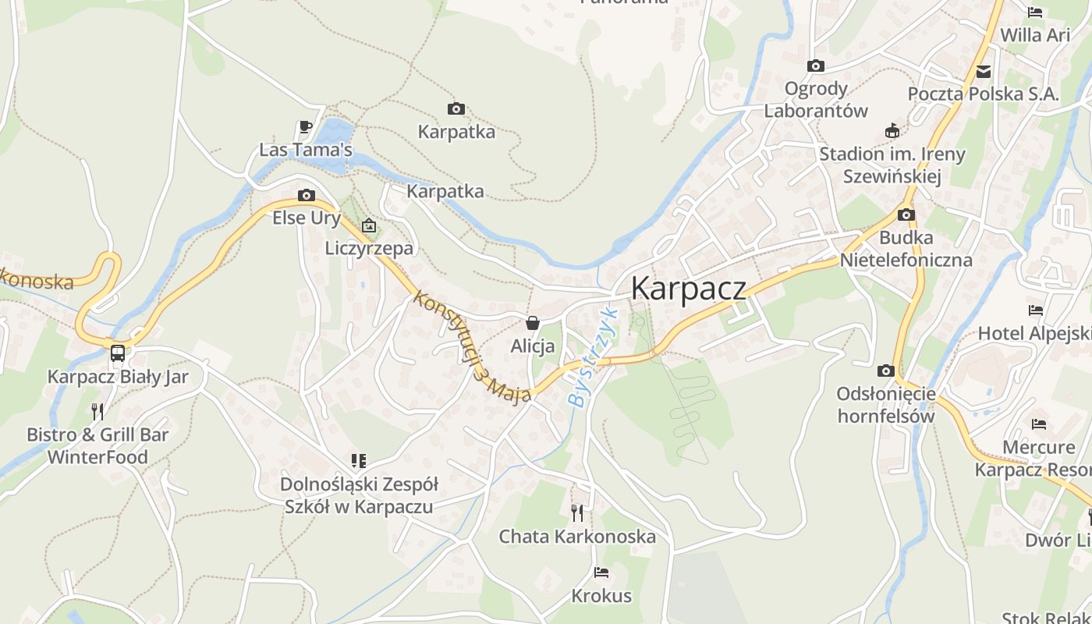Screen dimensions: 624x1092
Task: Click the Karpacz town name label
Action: [688, 288]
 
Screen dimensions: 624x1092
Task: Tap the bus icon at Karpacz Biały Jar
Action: [118, 353]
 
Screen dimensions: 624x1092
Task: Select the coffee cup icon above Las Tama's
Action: [306, 127]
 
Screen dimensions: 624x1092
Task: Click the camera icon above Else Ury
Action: [307, 195]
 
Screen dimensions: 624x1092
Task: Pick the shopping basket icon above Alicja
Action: [533, 323]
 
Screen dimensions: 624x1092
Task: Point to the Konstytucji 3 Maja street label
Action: [471, 346]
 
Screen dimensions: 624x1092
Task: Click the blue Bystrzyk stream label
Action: [593, 357]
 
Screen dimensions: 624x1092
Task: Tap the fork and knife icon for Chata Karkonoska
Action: [577, 512]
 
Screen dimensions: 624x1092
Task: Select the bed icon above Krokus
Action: [601, 573]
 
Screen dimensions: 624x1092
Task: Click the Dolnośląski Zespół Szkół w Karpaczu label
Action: [359, 495]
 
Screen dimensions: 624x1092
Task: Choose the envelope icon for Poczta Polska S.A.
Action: [984, 72]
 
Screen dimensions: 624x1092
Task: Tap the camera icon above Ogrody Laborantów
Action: [816, 66]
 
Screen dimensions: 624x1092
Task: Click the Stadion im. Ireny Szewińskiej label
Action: [892, 165]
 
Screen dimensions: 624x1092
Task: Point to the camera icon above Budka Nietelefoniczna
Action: [906, 214]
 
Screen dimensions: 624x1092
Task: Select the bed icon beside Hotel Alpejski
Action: [1036, 310]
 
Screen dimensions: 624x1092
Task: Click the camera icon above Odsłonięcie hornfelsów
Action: [885, 370]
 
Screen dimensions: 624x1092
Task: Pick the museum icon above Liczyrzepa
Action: [369, 226]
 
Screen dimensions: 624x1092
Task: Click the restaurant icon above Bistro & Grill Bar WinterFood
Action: [97, 411]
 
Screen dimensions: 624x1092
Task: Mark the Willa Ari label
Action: [1035, 35]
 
